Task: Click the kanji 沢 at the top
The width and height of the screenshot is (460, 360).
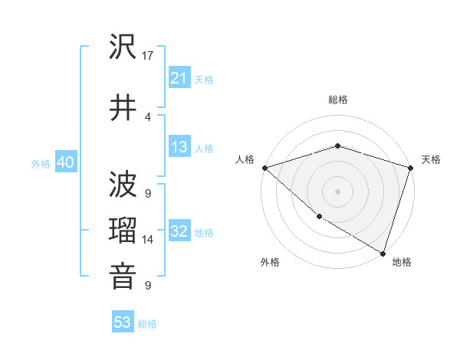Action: click(x=123, y=48)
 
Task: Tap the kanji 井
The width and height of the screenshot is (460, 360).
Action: click(x=123, y=106)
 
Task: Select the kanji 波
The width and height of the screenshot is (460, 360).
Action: click(x=123, y=184)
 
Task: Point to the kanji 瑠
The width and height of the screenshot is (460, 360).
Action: click(x=123, y=231)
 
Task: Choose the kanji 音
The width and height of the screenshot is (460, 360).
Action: click(x=123, y=277)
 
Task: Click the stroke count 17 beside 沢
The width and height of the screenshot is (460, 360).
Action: click(x=149, y=56)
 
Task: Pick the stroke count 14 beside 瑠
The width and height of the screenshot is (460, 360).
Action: click(x=149, y=240)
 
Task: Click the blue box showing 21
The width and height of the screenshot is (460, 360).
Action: click(x=179, y=78)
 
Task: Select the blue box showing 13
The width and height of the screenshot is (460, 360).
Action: click(x=179, y=147)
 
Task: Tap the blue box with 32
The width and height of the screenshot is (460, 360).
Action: click(x=179, y=231)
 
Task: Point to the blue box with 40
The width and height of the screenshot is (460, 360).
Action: click(x=65, y=162)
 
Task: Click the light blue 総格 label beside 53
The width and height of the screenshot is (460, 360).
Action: click(x=148, y=324)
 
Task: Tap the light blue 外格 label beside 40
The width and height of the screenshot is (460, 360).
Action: click(x=41, y=164)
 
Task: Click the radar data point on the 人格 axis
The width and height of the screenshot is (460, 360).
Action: click(x=264, y=168)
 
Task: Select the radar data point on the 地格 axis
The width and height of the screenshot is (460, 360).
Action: click(x=383, y=253)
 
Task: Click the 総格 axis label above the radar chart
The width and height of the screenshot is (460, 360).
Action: click(x=338, y=100)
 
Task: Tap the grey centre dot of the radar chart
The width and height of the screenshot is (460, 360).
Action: click(x=338, y=191)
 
